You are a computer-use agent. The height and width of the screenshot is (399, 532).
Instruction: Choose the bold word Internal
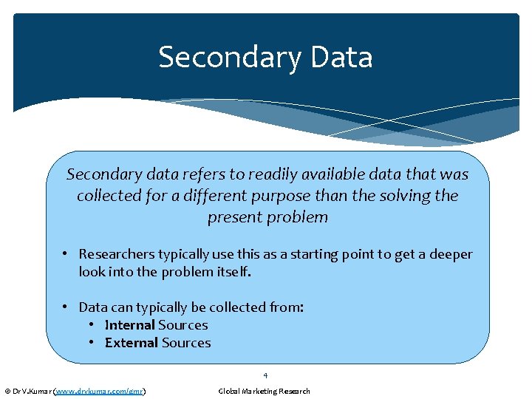click(129, 325)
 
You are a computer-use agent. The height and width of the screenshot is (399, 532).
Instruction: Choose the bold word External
click(132, 343)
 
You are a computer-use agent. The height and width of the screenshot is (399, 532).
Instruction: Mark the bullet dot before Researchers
click(65, 254)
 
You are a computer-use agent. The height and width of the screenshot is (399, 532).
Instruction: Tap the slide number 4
click(265, 375)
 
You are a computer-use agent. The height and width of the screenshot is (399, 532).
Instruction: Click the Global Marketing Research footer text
click(264, 391)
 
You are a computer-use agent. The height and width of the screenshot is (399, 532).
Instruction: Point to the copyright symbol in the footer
click(7, 391)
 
